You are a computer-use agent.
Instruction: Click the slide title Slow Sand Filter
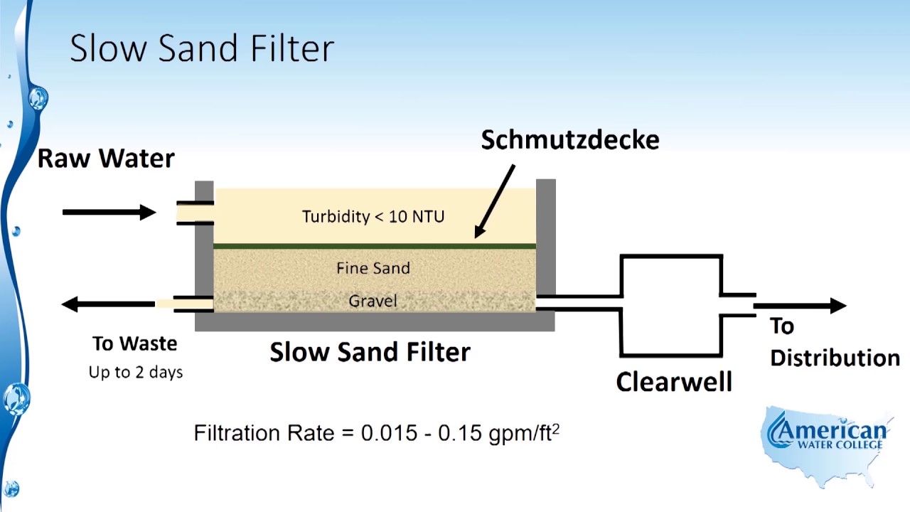click(x=202, y=48)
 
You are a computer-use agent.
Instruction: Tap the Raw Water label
click(x=106, y=158)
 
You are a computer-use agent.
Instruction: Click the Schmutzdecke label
click(x=570, y=139)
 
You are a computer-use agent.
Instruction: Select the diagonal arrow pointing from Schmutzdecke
click(x=495, y=201)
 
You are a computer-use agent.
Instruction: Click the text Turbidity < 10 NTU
click(x=373, y=216)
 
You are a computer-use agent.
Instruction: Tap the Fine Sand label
click(x=373, y=268)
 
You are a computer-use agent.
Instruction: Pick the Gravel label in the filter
click(x=373, y=301)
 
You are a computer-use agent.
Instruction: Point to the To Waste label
click(x=134, y=343)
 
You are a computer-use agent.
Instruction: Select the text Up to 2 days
click(x=136, y=372)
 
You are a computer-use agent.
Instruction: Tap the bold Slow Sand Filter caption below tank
click(x=370, y=351)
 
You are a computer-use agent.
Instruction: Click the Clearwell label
click(x=673, y=382)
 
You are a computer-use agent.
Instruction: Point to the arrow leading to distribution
click(x=800, y=306)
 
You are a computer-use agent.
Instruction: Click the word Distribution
click(x=835, y=358)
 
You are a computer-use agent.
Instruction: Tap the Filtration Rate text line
click(x=376, y=432)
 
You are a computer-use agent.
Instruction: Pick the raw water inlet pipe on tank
click(x=195, y=213)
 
